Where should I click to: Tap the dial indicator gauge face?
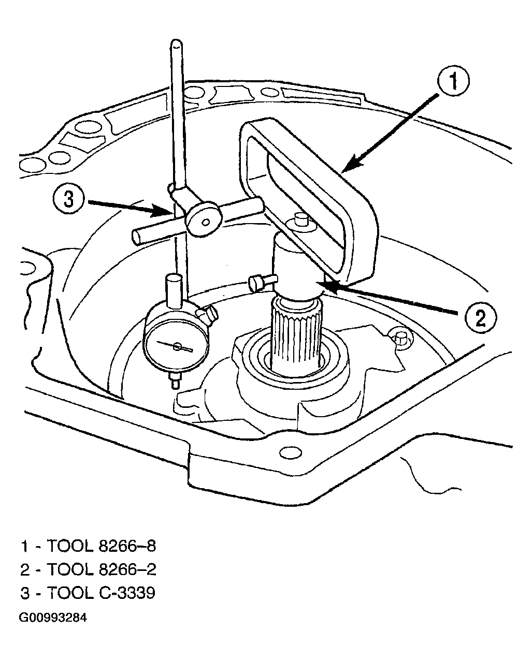[177, 346]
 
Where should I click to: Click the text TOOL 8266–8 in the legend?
[102, 546]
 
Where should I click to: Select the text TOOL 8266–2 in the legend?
[102, 569]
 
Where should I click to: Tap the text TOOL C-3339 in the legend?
[101, 593]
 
